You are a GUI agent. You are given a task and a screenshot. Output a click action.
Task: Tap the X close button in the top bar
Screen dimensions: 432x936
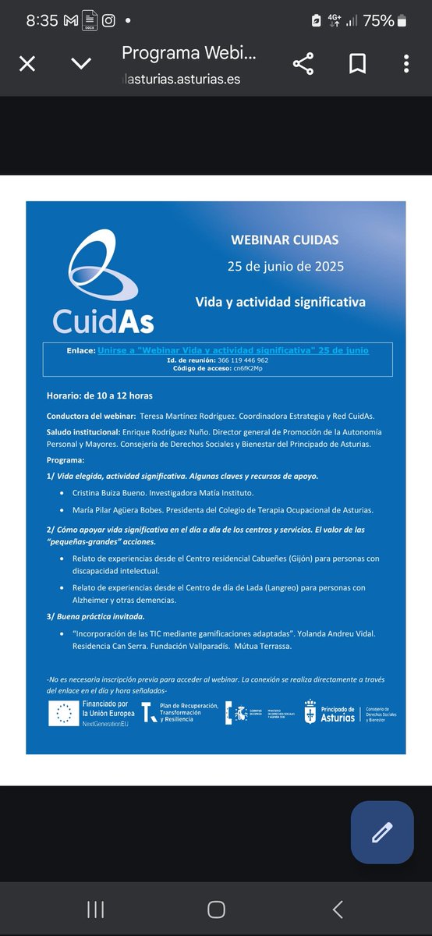coord(27,64)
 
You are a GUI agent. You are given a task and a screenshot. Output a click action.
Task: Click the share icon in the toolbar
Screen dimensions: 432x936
coord(303,64)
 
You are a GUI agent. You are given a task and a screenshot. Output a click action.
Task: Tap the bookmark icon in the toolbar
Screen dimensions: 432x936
coord(357,64)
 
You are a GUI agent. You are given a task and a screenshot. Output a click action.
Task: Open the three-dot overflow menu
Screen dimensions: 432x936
coord(406,64)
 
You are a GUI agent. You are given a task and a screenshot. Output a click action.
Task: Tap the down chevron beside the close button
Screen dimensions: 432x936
coord(81,64)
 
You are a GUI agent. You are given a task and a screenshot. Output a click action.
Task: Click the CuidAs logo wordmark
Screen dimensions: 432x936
coord(103,321)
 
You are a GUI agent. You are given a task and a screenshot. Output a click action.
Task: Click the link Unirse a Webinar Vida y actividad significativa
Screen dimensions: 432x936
coord(233,350)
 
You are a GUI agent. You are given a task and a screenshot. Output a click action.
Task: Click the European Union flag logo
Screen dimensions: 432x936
coord(62,713)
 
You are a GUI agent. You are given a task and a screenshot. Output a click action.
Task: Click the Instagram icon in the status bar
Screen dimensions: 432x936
coord(109,21)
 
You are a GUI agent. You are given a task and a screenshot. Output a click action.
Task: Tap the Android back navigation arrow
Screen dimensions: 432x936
coord(337,908)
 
